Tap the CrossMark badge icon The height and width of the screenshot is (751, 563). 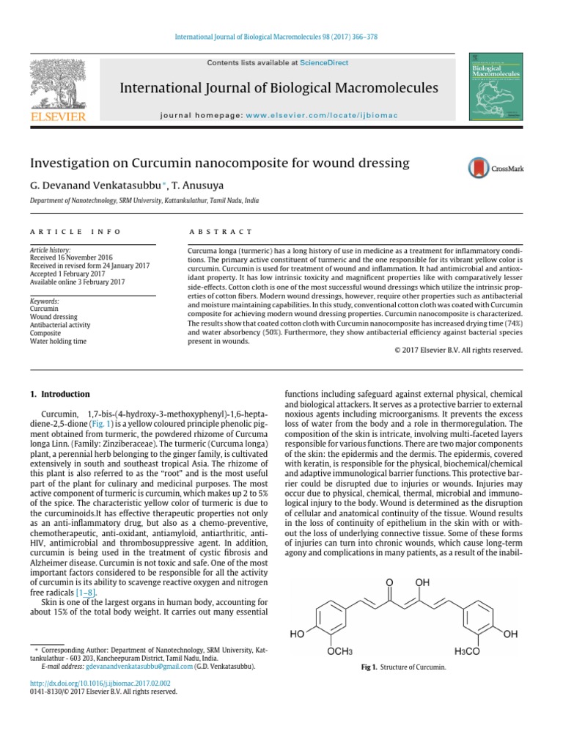496,168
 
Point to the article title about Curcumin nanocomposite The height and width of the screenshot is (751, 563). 219,163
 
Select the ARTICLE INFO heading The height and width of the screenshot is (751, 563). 76,232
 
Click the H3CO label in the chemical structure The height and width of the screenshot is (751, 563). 468,651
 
